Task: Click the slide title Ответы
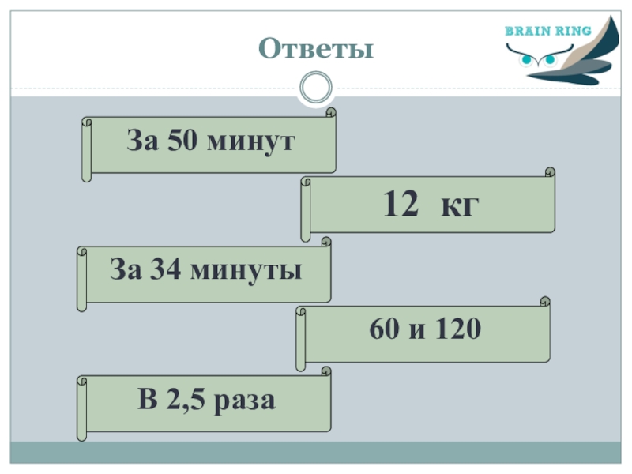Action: click(x=315, y=49)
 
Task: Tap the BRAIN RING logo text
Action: click(x=547, y=32)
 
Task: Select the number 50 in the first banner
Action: click(x=178, y=142)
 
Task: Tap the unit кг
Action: click(x=461, y=207)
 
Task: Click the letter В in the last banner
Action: click(x=147, y=400)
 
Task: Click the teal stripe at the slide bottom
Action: click(x=315, y=452)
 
